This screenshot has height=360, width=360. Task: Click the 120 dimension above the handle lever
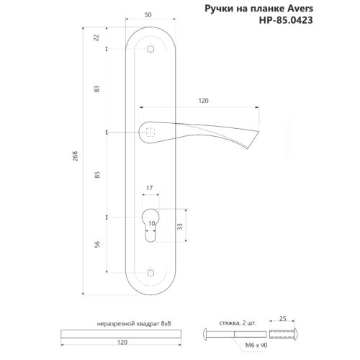[x=204, y=101]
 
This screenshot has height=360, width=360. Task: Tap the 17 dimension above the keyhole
[x=150, y=189]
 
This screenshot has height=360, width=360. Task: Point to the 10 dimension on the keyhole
[x=150, y=224]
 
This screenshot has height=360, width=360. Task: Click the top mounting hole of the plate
[x=150, y=48]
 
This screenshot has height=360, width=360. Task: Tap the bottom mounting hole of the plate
[x=150, y=273]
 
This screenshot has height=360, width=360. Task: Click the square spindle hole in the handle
[x=150, y=132]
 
